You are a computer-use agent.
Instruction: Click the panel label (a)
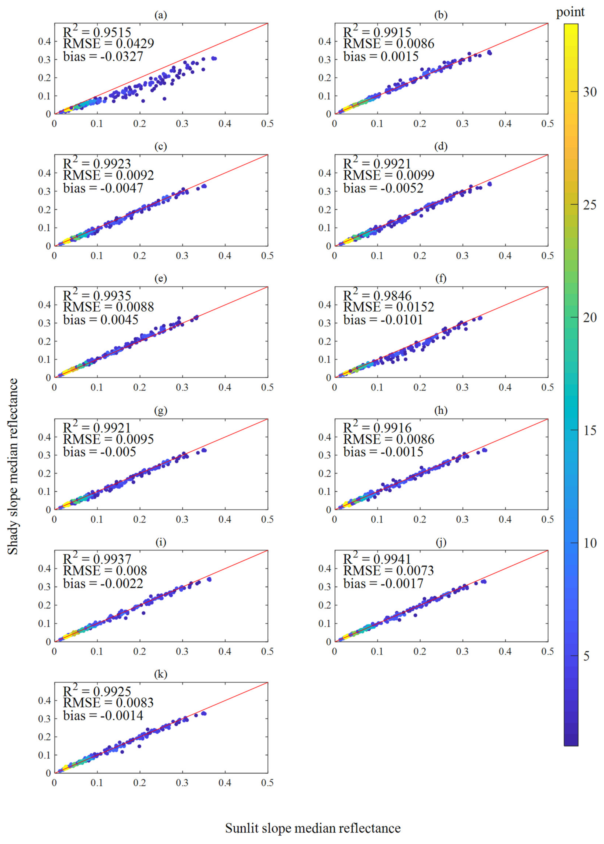pos(161,15)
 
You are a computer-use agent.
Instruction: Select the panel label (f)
pos(441,279)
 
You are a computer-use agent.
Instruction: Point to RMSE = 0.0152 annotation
pos(389,307)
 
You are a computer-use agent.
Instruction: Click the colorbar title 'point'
pos(570,12)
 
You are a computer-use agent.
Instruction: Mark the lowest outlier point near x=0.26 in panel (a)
pos(164,99)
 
